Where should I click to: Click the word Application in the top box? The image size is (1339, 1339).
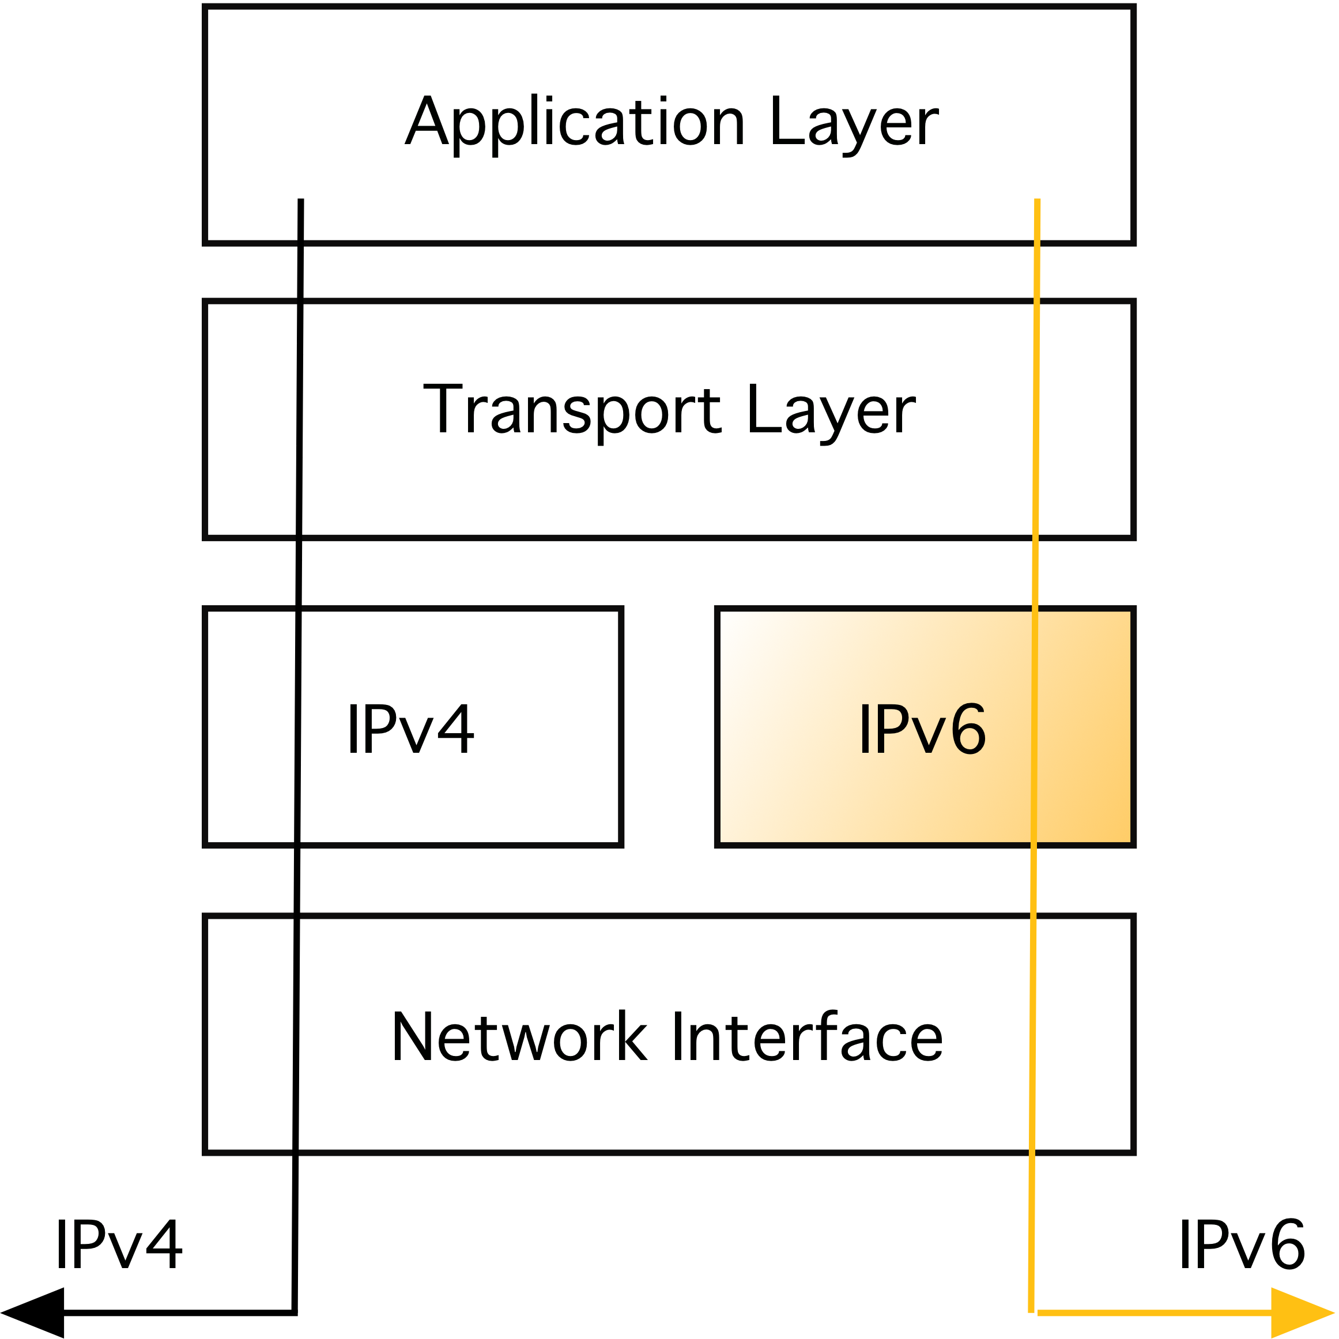click(575, 123)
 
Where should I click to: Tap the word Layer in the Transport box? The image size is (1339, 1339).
click(832, 410)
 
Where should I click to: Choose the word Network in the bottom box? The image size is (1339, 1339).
click(519, 1037)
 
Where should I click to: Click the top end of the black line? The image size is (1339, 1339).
click(301, 201)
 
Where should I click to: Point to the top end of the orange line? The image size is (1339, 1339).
click(1038, 201)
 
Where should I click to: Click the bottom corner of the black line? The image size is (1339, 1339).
click(295, 1312)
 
